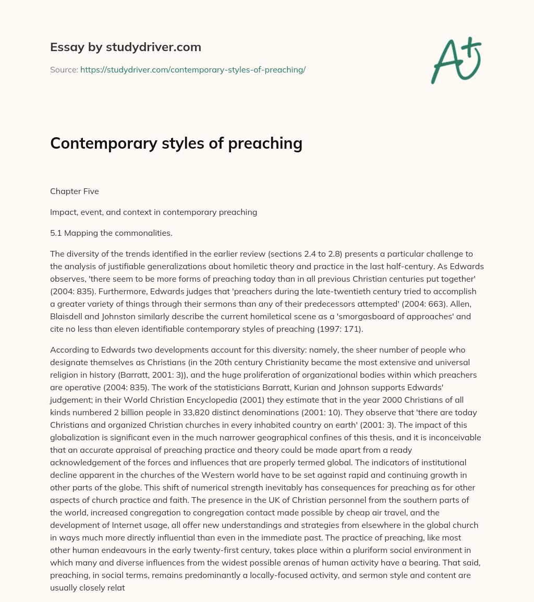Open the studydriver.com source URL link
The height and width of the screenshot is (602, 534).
pyautogui.click(x=192, y=69)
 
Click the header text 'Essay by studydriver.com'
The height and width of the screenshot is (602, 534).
pyautogui.click(x=126, y=47)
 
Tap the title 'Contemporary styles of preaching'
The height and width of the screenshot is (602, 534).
pyautogui.click(x=176, y=143)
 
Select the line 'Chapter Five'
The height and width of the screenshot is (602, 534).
pyautogui.click(x=75, y=191)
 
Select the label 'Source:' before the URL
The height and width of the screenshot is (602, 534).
pyautogui.click(x=64, y=69)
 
